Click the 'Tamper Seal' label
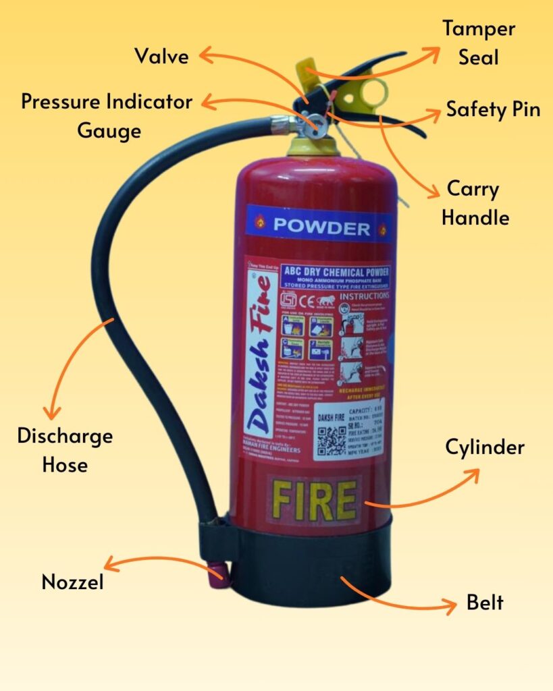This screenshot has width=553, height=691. (478, 43)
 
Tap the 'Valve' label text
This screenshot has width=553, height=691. (161, 55)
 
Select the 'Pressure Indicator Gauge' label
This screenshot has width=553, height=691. (107, 115)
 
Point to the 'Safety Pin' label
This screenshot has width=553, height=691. (493, 109)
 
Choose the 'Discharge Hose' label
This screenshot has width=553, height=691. (65, 450)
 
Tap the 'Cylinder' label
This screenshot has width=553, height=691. (484, 447)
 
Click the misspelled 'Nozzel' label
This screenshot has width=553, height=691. (73, 582)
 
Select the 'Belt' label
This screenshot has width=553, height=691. (485, 602)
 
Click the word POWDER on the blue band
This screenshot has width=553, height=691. (321, 227)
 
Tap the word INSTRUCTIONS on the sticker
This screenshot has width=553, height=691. (364, 296)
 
